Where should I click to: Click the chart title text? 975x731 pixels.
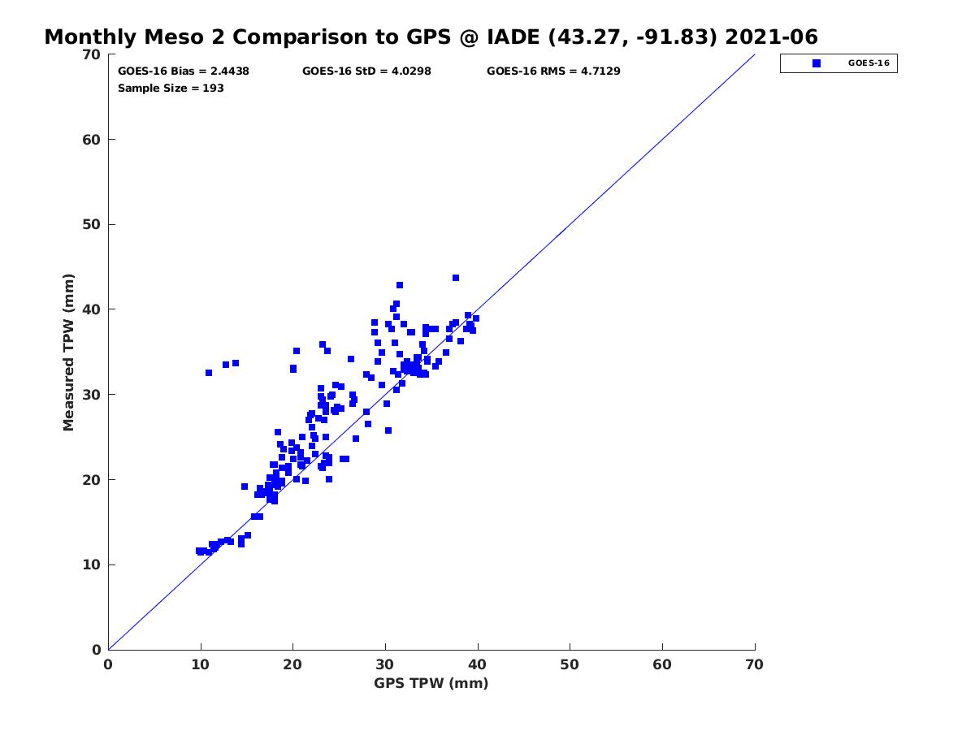(431, 37)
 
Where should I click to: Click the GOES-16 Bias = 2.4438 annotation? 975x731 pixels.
(183, 71)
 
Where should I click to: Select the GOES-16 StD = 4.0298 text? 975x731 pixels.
(366, 71)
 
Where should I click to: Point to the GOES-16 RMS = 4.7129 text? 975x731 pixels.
(553, 71)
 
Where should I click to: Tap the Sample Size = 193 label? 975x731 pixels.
(171, 89)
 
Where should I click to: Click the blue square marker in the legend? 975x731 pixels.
(816, 63)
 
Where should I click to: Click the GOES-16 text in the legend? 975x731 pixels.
(869, 63)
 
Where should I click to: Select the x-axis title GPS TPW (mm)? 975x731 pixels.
(431, 683)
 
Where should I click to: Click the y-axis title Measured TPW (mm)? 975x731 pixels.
(68, 352)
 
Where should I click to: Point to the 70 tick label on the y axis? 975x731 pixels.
(92, 54)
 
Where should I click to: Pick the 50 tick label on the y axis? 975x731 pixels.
(92, 225)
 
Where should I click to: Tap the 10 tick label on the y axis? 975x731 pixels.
(92, 564)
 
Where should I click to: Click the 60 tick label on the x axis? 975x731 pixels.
(662, 664)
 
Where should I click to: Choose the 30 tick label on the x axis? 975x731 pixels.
(384, 664)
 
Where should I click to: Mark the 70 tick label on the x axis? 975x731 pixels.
(754, 664)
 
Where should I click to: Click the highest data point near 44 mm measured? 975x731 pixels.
(455, 278)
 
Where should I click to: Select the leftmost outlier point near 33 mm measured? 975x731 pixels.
(208, 373)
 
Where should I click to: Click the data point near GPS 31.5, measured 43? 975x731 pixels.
(399, 285)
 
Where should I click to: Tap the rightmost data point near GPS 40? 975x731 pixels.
(476, 318)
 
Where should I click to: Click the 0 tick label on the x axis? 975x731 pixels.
(108, 664)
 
